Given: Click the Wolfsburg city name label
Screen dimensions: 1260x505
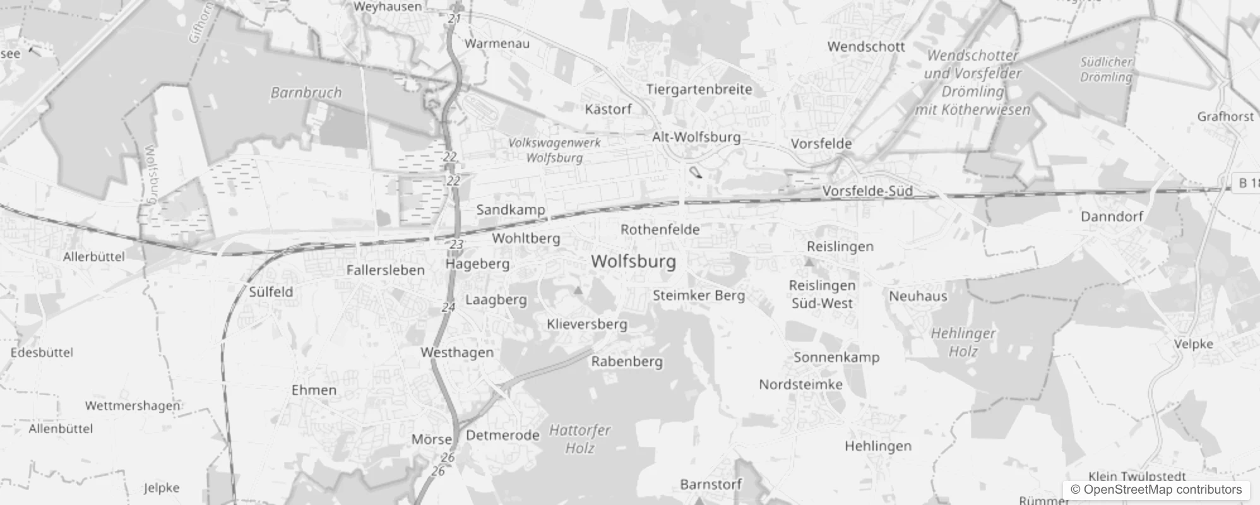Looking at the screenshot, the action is [633, 261].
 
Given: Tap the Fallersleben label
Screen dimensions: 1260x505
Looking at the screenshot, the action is [385, 270].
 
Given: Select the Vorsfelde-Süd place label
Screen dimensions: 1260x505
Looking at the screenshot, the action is [867, 191].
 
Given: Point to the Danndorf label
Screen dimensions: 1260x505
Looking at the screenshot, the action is [1112, 217].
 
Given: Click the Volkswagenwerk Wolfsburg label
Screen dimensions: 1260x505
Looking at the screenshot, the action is [554, 150].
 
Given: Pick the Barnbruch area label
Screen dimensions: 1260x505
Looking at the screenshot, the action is [306, 93].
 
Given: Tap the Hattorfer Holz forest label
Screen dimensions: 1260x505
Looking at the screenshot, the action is [579, 439].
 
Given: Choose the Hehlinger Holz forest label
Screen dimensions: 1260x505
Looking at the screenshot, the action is [963, 342].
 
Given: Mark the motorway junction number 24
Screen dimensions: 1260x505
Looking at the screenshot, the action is [448, 307].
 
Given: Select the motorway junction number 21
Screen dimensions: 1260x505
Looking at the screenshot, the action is [455, 19].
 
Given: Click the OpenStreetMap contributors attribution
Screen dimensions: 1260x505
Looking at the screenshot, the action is [1156, 490].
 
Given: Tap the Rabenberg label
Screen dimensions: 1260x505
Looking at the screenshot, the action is [627, 362].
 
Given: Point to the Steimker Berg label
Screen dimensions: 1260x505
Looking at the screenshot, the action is [699, 295].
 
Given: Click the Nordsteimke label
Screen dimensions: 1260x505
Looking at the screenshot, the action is [800, 384].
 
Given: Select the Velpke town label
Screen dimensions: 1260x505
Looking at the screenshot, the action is [1193, 344].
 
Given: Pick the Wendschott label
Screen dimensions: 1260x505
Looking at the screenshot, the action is [866, 47].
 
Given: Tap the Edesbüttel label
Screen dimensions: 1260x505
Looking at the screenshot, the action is [42, 352].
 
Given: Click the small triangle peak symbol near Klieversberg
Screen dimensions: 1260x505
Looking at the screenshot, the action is [578, 290].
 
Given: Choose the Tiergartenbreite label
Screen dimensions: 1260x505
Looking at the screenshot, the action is [699, 90].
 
